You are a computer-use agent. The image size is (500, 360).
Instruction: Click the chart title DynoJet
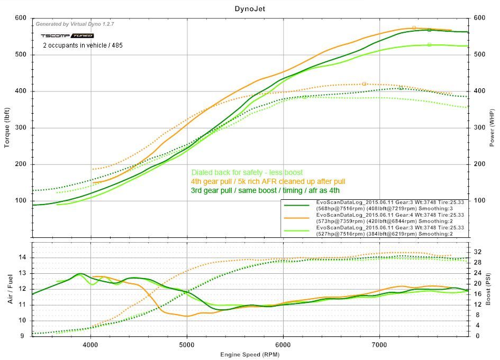point(250,8)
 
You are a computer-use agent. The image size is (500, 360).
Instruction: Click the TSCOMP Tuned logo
point(67,35)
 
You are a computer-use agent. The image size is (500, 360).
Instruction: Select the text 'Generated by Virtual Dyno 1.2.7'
point(75,24)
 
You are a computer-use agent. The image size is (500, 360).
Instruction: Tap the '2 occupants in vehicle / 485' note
point(83,45)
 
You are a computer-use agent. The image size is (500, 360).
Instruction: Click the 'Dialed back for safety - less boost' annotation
point(247,172)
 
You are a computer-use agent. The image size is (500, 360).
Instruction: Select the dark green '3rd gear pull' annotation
point(265,190)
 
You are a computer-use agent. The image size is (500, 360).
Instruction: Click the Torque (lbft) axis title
point(7,127)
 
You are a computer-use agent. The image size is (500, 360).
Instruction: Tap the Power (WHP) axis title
point(492,127)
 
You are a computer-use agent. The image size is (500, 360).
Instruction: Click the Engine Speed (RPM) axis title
point(250,354)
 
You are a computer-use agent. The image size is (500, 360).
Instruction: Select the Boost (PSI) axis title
point(492,289)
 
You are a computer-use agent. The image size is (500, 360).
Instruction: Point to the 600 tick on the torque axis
point(21,18)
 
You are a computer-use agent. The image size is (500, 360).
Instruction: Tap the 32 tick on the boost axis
point(477,252)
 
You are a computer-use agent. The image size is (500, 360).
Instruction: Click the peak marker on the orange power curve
point(414,27)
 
